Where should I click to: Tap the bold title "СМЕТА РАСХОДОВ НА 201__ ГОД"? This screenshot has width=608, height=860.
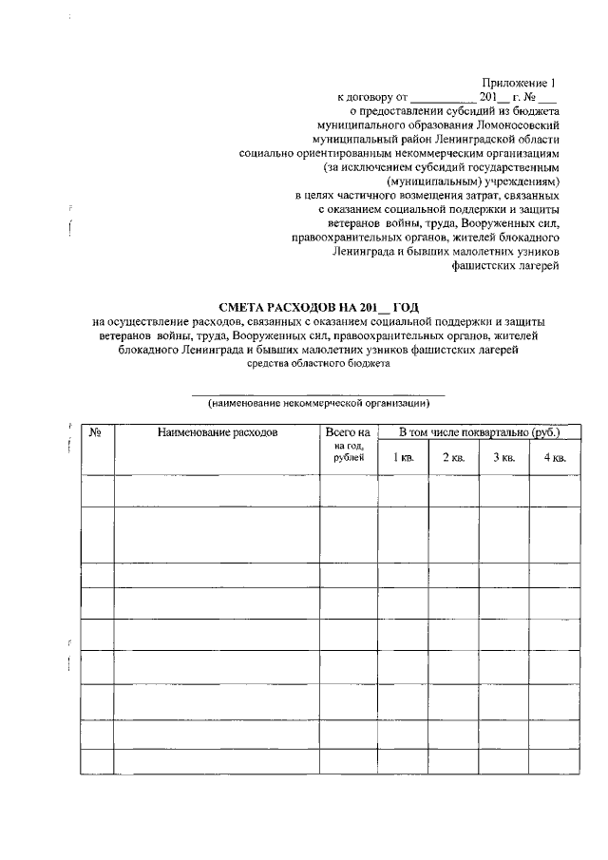tap(318, 306)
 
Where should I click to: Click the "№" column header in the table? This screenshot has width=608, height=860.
tap(96, 433)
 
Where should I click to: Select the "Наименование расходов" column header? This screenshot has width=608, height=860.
tap(217, 433)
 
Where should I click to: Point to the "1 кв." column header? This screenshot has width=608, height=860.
tap(403, 459)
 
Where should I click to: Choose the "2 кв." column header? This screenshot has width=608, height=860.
tap(453, 459)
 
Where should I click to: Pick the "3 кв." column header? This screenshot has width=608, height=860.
tap(503, 459)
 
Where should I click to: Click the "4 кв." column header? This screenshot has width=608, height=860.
tap(554, 459)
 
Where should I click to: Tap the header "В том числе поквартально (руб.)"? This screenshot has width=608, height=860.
tap(478, 433)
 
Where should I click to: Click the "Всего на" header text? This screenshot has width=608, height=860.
tap(347, 433)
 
